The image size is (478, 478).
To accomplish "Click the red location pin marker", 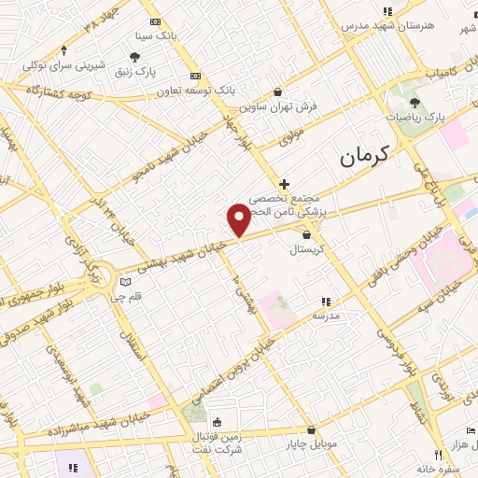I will (x=239, y=220).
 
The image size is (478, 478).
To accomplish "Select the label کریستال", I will (x=306, y=249).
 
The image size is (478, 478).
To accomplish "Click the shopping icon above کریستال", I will (x=306, y=234).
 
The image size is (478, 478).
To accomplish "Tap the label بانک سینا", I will (x=154, y=36).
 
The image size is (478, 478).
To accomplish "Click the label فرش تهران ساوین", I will (x=278, y=106).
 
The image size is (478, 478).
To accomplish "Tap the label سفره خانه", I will (x=440, y=468).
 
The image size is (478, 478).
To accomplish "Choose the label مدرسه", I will (x=326, y=316).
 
